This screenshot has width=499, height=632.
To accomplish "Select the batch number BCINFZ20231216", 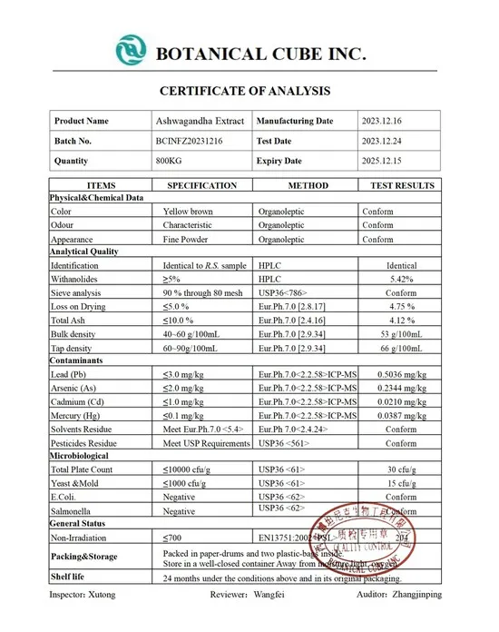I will (x=190, y=141).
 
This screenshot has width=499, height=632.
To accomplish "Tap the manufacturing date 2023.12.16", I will (x=384, y=121).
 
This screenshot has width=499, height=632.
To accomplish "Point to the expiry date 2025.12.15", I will (x=384, y=161).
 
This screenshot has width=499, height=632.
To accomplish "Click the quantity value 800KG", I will (x=170, y=161).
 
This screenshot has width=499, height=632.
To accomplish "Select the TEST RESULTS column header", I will (x=402, y=185).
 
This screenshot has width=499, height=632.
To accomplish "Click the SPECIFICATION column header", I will (x=201, y=185).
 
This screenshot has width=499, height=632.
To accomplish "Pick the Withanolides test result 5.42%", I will (x=401, y=279).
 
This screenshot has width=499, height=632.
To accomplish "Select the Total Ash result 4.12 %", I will (x=401, y=321).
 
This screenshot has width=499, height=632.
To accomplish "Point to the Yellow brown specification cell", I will (x=188, y=211).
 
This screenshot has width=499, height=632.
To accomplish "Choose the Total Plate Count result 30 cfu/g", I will (x=401, y=469).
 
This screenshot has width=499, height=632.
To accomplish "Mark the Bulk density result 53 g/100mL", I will (x=401, y=334).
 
